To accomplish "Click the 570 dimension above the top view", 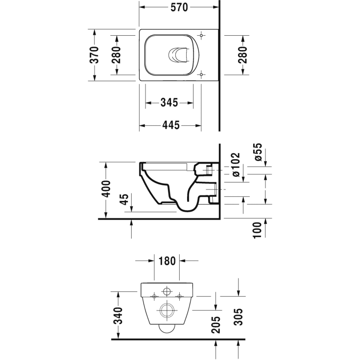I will tap(179, 8).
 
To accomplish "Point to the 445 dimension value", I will tap(169, 125).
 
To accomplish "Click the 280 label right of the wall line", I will tap(242, 54).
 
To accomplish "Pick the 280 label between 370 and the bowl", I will tap(116, 54).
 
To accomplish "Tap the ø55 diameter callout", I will tap(259, 153).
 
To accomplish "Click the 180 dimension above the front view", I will tap(167, 261).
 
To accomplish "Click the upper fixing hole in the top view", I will tap(202, 36).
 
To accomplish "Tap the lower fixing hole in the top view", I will tap(202, 74).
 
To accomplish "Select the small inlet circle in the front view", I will tap(167, 293).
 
